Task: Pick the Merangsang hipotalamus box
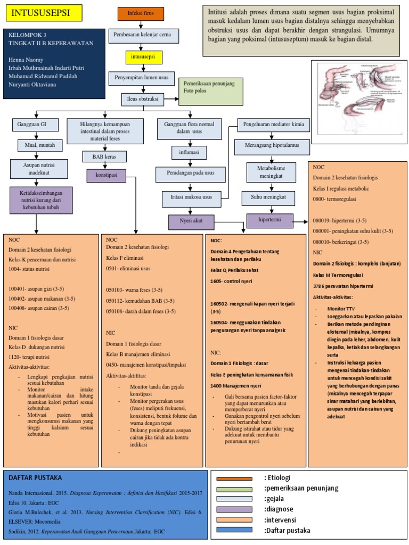[271, 146]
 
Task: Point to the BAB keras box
[104, 156]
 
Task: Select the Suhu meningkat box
[268, 197]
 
